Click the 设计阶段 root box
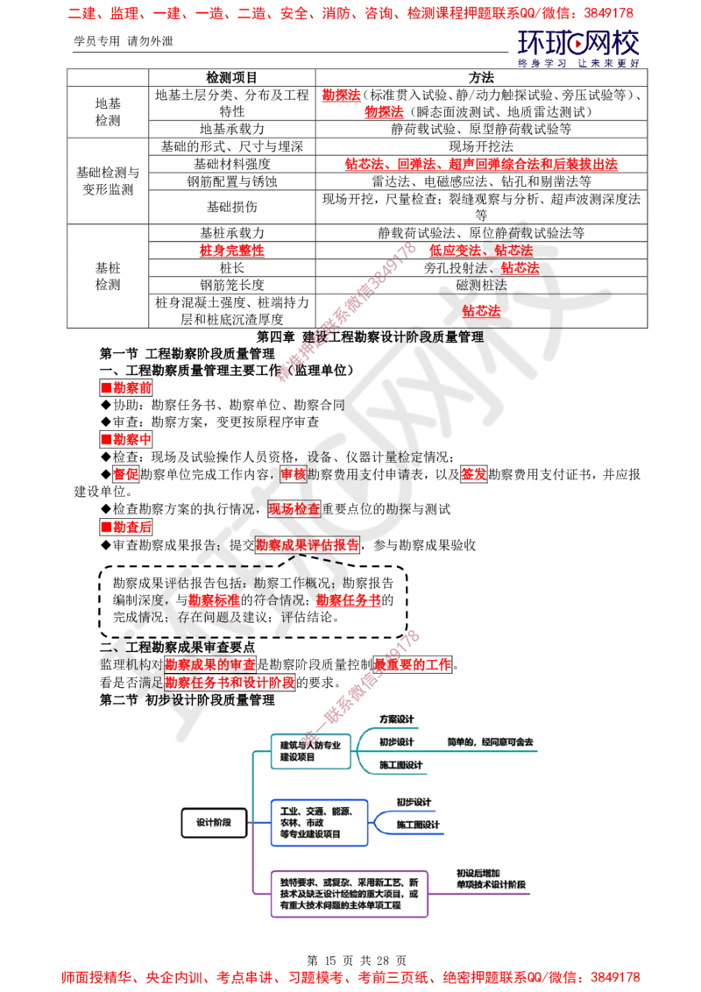coord(214,823)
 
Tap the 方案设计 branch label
coord(396,719)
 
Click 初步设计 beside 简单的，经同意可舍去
coord(397,741)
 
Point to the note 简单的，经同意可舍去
coord(489,742)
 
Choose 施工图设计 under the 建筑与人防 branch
coord(400,765)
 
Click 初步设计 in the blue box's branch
coord(413,802)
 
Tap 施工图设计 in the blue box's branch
coord(418,825)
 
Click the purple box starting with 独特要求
coord(350,892)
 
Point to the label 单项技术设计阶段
coord(492,884)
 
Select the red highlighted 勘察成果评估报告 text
coord(307,544)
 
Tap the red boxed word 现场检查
coord(294,508)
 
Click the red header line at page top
coord(350,14)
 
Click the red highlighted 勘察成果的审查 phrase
coord(210,664)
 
